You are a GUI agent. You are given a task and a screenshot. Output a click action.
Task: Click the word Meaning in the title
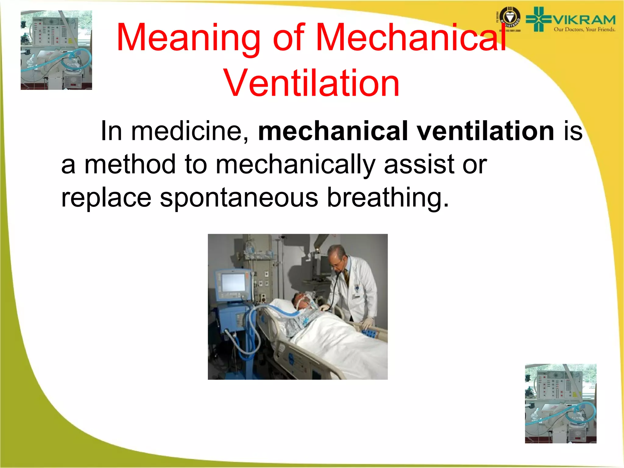tap(188, 37)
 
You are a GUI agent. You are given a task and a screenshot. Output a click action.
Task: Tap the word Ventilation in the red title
tap(311, 83)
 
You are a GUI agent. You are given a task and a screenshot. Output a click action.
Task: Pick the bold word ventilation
tap(485, 131)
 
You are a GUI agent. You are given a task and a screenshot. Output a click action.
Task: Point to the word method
tap(130, 165)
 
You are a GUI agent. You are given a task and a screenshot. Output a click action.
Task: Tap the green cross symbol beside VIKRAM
tap(538, 19)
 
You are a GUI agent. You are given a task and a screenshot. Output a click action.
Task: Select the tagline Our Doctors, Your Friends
tap(584, 30)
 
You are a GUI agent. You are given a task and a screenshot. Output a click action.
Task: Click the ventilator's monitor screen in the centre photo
tap(233, 282)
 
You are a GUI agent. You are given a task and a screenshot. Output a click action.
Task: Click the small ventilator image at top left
tap(56, 50)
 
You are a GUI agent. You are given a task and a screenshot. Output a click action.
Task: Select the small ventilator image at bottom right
tap(561, 403)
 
